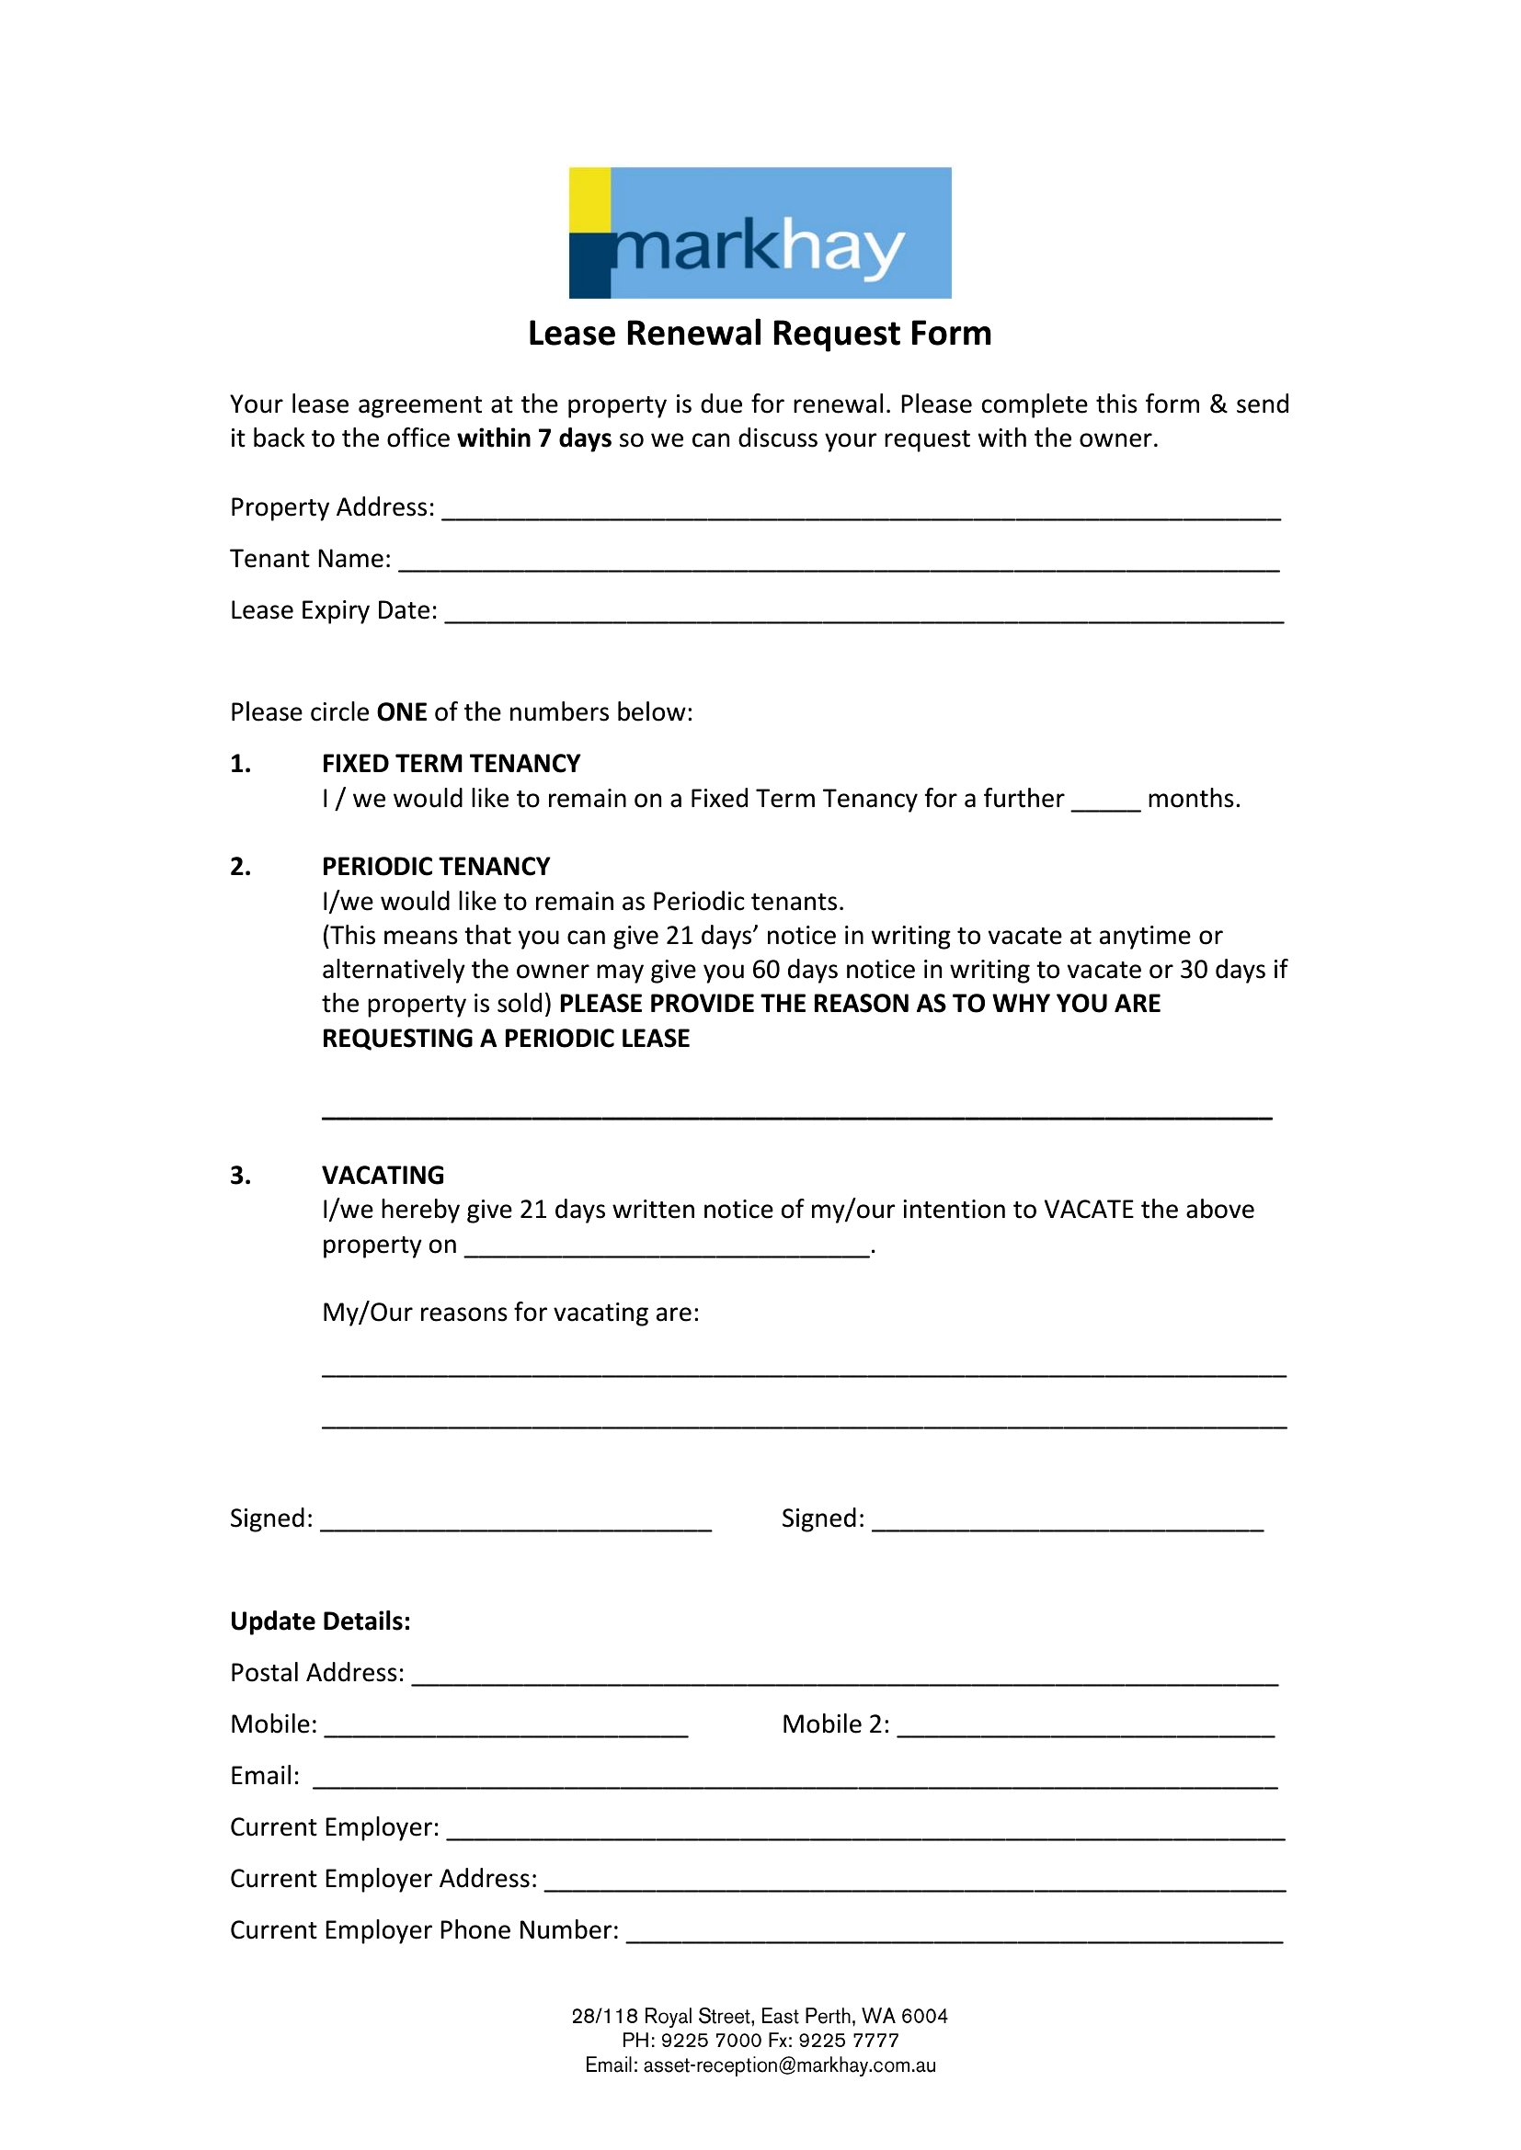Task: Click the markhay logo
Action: [x=760, y=233]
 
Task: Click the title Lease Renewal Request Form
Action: [x=760, y=334]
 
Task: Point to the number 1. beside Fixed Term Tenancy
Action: [x=241, y=764]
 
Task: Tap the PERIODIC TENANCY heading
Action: [x=436, y=866]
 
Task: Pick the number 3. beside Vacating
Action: [x=241, y=1176]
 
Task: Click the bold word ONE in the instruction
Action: [x=402, y=712]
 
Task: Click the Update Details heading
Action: [x=320, y=1621]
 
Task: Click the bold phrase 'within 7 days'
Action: [x=534, y=438]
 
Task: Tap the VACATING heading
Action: [x=383, y=1176]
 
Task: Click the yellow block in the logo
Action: [x=590, y=199]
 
